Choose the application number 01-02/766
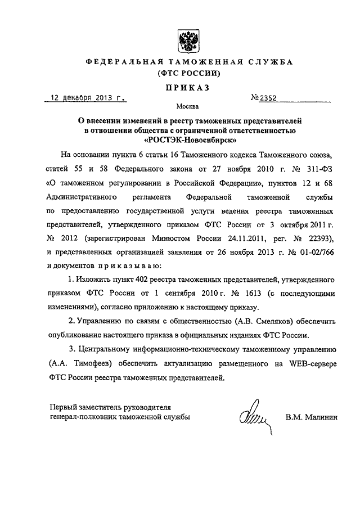coord(315,249)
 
